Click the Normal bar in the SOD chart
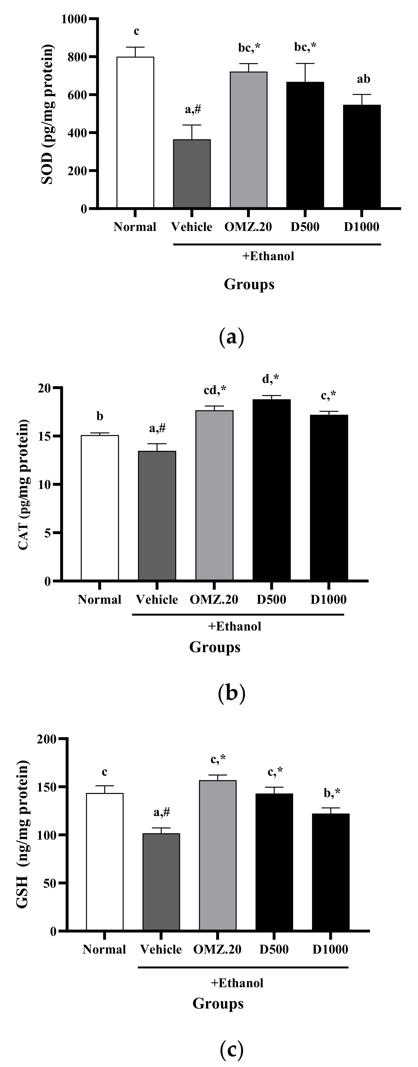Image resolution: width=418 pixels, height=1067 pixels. tap(135, 133)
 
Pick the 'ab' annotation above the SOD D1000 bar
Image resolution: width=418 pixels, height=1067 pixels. tap(363, 79)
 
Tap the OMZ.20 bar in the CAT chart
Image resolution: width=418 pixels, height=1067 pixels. tap(214, 496)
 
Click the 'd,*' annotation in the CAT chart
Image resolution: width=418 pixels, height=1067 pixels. tap(271, 379)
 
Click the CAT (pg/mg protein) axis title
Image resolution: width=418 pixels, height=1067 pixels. tap(23, 485)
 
